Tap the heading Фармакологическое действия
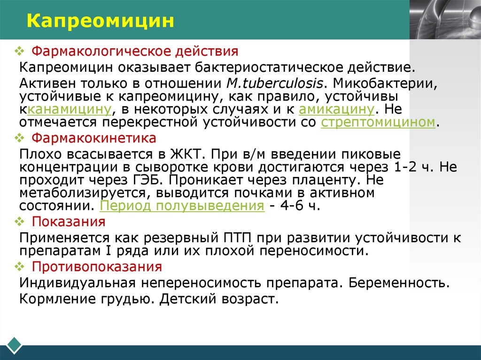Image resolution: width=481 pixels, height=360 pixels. coord(135,51)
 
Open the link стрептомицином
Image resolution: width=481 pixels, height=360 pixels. coord(378,122)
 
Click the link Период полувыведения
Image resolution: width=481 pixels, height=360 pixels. coord(182,206)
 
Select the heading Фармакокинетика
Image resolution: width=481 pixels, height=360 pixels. coord(94,139)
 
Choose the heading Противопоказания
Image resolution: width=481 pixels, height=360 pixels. coord(97,267)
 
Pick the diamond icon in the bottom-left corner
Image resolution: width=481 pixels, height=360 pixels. coord(15,344)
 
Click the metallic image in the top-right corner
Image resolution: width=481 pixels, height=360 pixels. coord(445,19)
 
